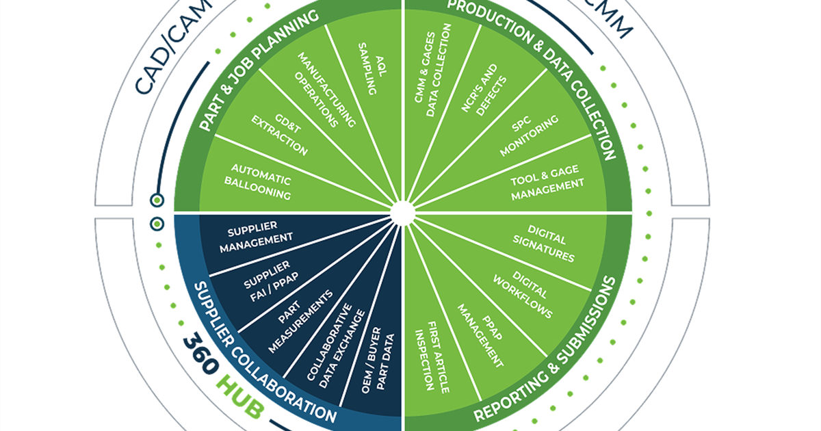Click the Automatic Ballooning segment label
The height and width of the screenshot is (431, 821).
[x=261, y=182]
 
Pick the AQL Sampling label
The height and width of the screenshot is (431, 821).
[x=369, y=69]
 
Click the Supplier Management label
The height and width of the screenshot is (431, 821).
[x=256, y=237]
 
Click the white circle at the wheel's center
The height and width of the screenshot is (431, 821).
[x=402, y=212]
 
